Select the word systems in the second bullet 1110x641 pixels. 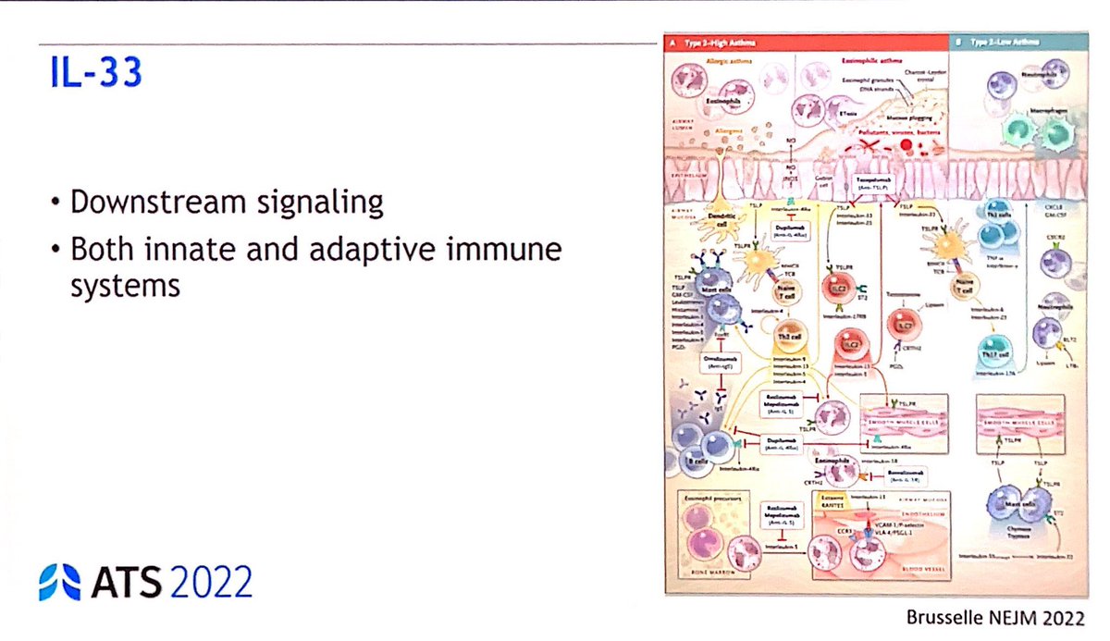coord(125,285)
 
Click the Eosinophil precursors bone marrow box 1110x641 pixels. coord(712,530)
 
